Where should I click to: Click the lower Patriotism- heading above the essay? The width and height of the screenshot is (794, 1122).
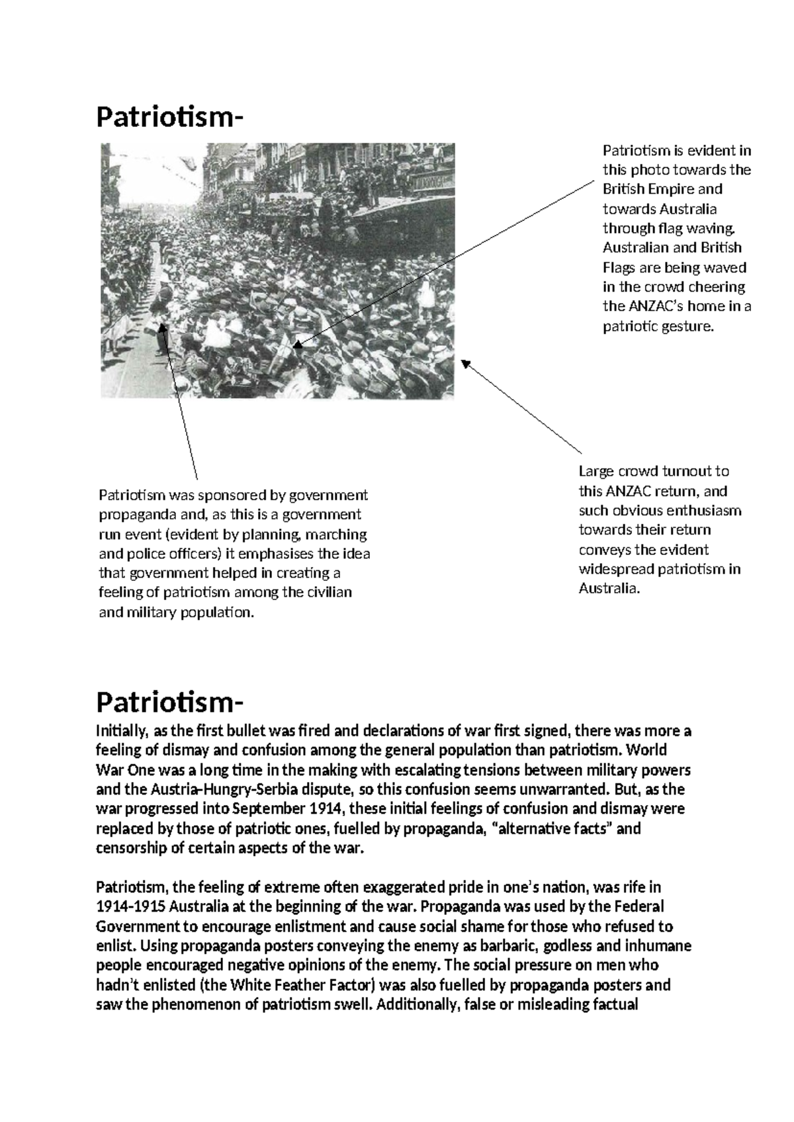(169, 701)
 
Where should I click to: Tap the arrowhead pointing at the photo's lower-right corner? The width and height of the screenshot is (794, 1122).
(465, 363)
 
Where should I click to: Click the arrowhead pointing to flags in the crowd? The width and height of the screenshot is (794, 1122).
(296, 345)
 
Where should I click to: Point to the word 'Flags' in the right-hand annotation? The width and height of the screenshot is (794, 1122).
(618, 267)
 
